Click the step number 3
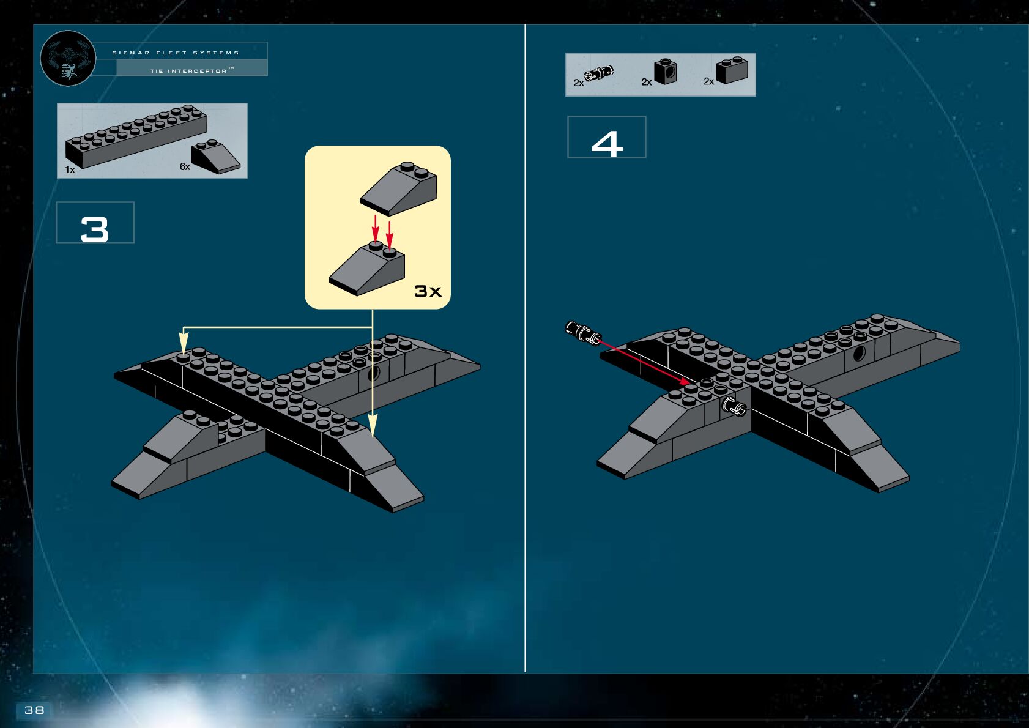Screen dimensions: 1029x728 95,230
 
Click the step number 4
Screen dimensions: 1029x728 606,144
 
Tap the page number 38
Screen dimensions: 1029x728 34,710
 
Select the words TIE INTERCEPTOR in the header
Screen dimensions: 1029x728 188,71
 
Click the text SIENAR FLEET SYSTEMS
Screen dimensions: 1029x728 176,53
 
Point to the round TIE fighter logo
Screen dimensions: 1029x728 68,58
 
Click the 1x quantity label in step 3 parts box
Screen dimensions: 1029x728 70,169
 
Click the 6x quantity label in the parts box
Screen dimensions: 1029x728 185,166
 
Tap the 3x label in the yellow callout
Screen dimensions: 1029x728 428,291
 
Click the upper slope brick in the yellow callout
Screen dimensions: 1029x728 399,188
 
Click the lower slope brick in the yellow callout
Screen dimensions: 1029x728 367,270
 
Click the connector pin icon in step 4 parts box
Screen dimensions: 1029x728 598,73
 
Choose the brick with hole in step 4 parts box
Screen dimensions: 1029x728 665,72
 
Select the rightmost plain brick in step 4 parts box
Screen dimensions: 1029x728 732,71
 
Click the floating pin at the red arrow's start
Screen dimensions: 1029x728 582,332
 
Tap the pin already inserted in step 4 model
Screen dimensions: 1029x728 734,406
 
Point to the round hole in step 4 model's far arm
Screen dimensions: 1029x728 859,353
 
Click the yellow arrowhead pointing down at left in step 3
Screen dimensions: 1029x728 183,341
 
